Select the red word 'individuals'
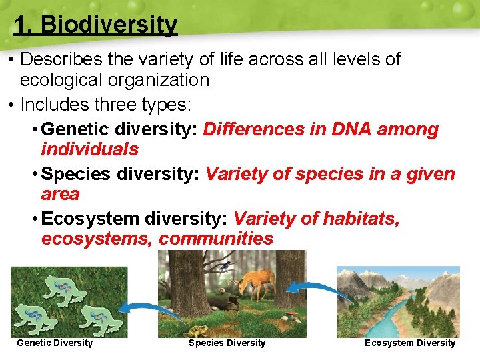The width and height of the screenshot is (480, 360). point(89,149)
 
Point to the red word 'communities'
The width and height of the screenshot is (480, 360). point(216,239)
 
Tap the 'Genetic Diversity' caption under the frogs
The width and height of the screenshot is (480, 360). point(54,343)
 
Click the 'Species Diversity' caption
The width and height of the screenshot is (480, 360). point(227,343)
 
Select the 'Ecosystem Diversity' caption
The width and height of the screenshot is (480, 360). point(409,343)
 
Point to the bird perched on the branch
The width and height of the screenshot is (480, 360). point(227,266)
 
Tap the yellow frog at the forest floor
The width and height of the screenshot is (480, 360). point(198,330)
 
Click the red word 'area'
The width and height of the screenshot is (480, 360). point(60,194)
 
